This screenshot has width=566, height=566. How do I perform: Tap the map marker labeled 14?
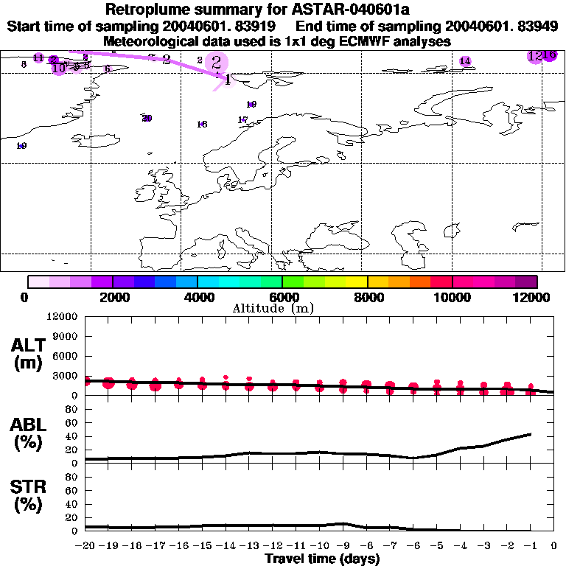pyautogui.click(x=465, y=61)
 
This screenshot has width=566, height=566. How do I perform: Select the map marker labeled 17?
pyautogui.click(x=242, y=120)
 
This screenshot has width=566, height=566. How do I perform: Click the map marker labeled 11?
pyautogui.click(x=38, y=57)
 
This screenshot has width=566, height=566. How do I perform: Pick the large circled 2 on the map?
pyautogui.click(x=216, y=63)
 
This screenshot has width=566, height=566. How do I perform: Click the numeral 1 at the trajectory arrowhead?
pyautogui.click(x=228, y=80)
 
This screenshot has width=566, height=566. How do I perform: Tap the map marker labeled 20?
pyautogui.click(x=147, y=118)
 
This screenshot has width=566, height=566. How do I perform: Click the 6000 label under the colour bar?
pyautogui.click(x=282, y=297)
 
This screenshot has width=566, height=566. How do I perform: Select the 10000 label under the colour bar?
pyautogui.click(x=452, y=297)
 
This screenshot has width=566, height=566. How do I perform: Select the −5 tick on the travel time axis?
pyautogui.click(x=437, y=546)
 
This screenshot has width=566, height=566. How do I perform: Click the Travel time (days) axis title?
pyautogui.click(x=322, y=559)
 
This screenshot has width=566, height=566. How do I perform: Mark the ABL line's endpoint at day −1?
pyautogui.click(x=531, y=434)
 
